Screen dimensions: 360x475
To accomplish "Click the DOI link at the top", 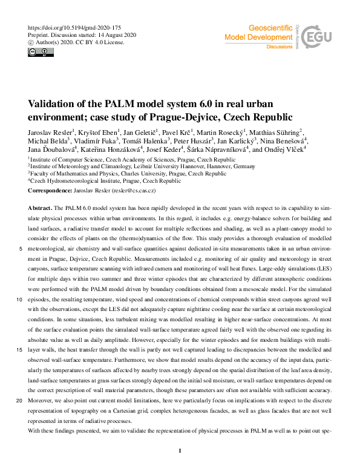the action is [74, 28].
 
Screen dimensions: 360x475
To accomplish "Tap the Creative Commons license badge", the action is [38, 52].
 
